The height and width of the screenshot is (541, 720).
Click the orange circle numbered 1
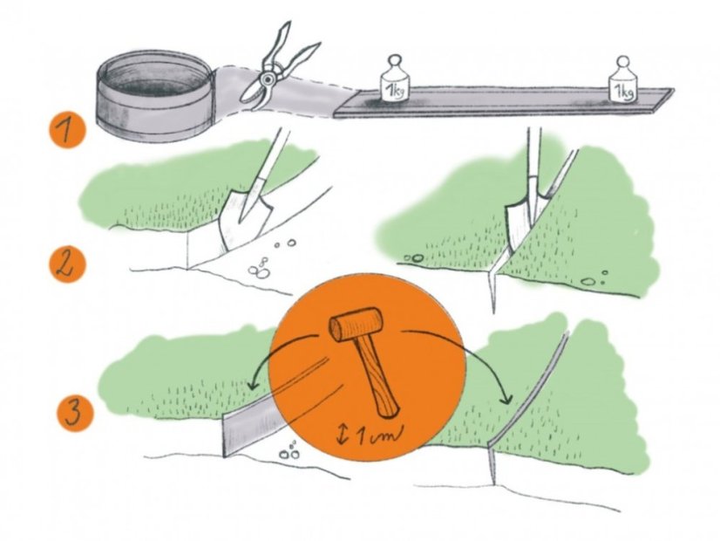(68, 131)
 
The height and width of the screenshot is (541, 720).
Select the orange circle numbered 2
(67, 264)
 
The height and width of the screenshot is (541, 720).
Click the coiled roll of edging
(155, 96)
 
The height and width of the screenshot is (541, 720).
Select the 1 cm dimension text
(378, 435)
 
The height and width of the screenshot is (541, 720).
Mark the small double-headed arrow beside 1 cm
(342, 435)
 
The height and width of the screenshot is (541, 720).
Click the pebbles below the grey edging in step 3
(289, 451)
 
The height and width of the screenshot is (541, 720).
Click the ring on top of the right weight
(623, 62)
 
